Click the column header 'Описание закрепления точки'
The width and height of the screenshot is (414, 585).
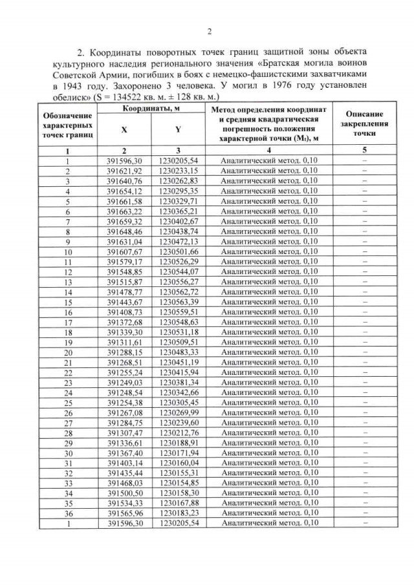(365, 122)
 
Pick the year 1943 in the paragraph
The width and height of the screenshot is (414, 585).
(72, 85)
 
